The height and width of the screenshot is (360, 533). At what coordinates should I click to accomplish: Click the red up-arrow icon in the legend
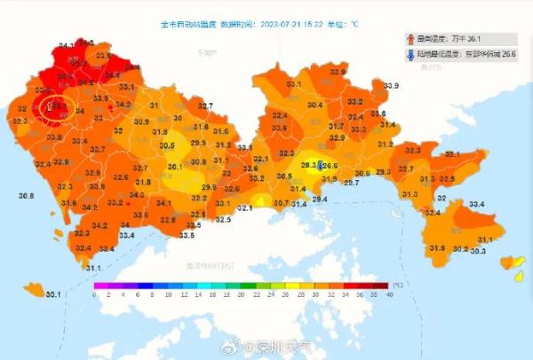(410, 39)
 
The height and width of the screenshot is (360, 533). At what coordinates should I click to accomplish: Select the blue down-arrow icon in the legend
(410, 54)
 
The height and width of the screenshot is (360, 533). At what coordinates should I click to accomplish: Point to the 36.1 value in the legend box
(475, 39)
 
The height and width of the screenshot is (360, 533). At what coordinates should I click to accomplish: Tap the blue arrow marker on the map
(322, 162)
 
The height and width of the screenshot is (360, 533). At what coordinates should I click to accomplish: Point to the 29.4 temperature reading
(320, 200)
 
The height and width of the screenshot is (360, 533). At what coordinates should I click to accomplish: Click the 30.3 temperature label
(478, 251)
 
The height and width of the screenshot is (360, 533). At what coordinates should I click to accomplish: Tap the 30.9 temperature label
(141, 121)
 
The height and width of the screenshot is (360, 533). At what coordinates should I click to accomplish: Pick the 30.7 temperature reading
(281, 203)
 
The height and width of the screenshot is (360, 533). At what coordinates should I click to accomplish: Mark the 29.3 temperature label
(383, 172)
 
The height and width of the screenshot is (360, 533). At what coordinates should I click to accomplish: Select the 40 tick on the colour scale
(390, 294)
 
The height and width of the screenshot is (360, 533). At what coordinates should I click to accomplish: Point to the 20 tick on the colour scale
(242, 294)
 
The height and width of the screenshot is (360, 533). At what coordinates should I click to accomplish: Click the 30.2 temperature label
(460, 248)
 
